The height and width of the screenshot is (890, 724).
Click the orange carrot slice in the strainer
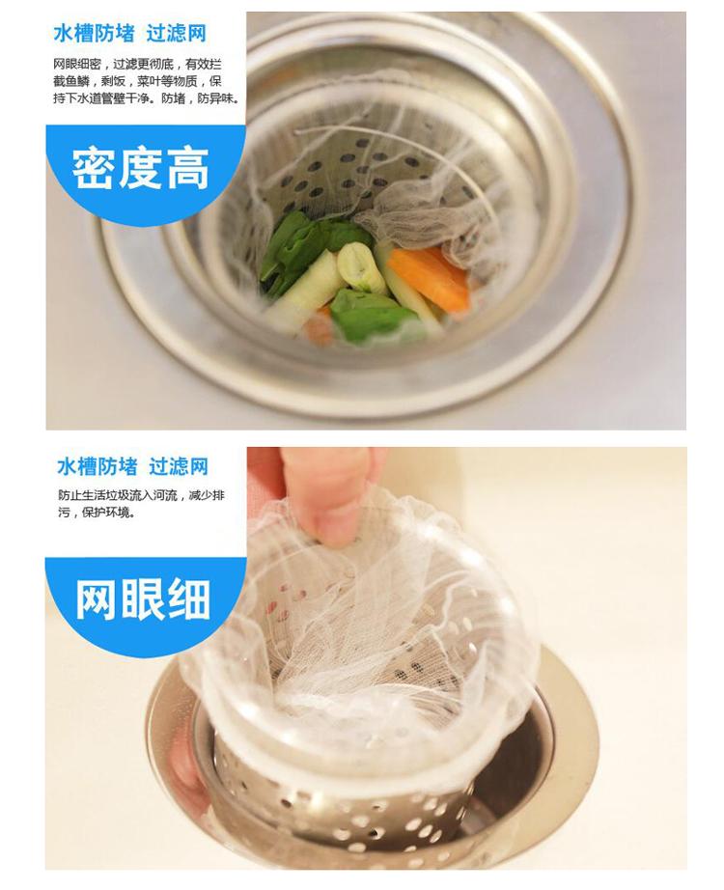coord(431,276)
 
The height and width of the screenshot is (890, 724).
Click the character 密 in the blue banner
coord(94,169)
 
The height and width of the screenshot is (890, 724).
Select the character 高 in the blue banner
coord(187,169)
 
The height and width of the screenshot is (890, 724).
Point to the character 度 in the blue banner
coord(141,169)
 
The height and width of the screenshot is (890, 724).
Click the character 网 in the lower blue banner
coord(97,599)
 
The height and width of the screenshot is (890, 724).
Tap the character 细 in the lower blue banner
coord(189,599)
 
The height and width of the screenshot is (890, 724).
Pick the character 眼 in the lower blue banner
coord(143,599)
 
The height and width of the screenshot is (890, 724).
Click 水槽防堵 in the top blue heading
coord(95,34)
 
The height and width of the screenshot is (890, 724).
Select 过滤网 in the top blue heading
coord(176,34)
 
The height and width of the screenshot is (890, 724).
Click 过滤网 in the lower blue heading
coord(179,466)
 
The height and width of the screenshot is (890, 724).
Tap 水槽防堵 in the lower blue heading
coord(97,466)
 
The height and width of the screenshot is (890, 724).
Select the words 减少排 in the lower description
coord(207,495)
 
